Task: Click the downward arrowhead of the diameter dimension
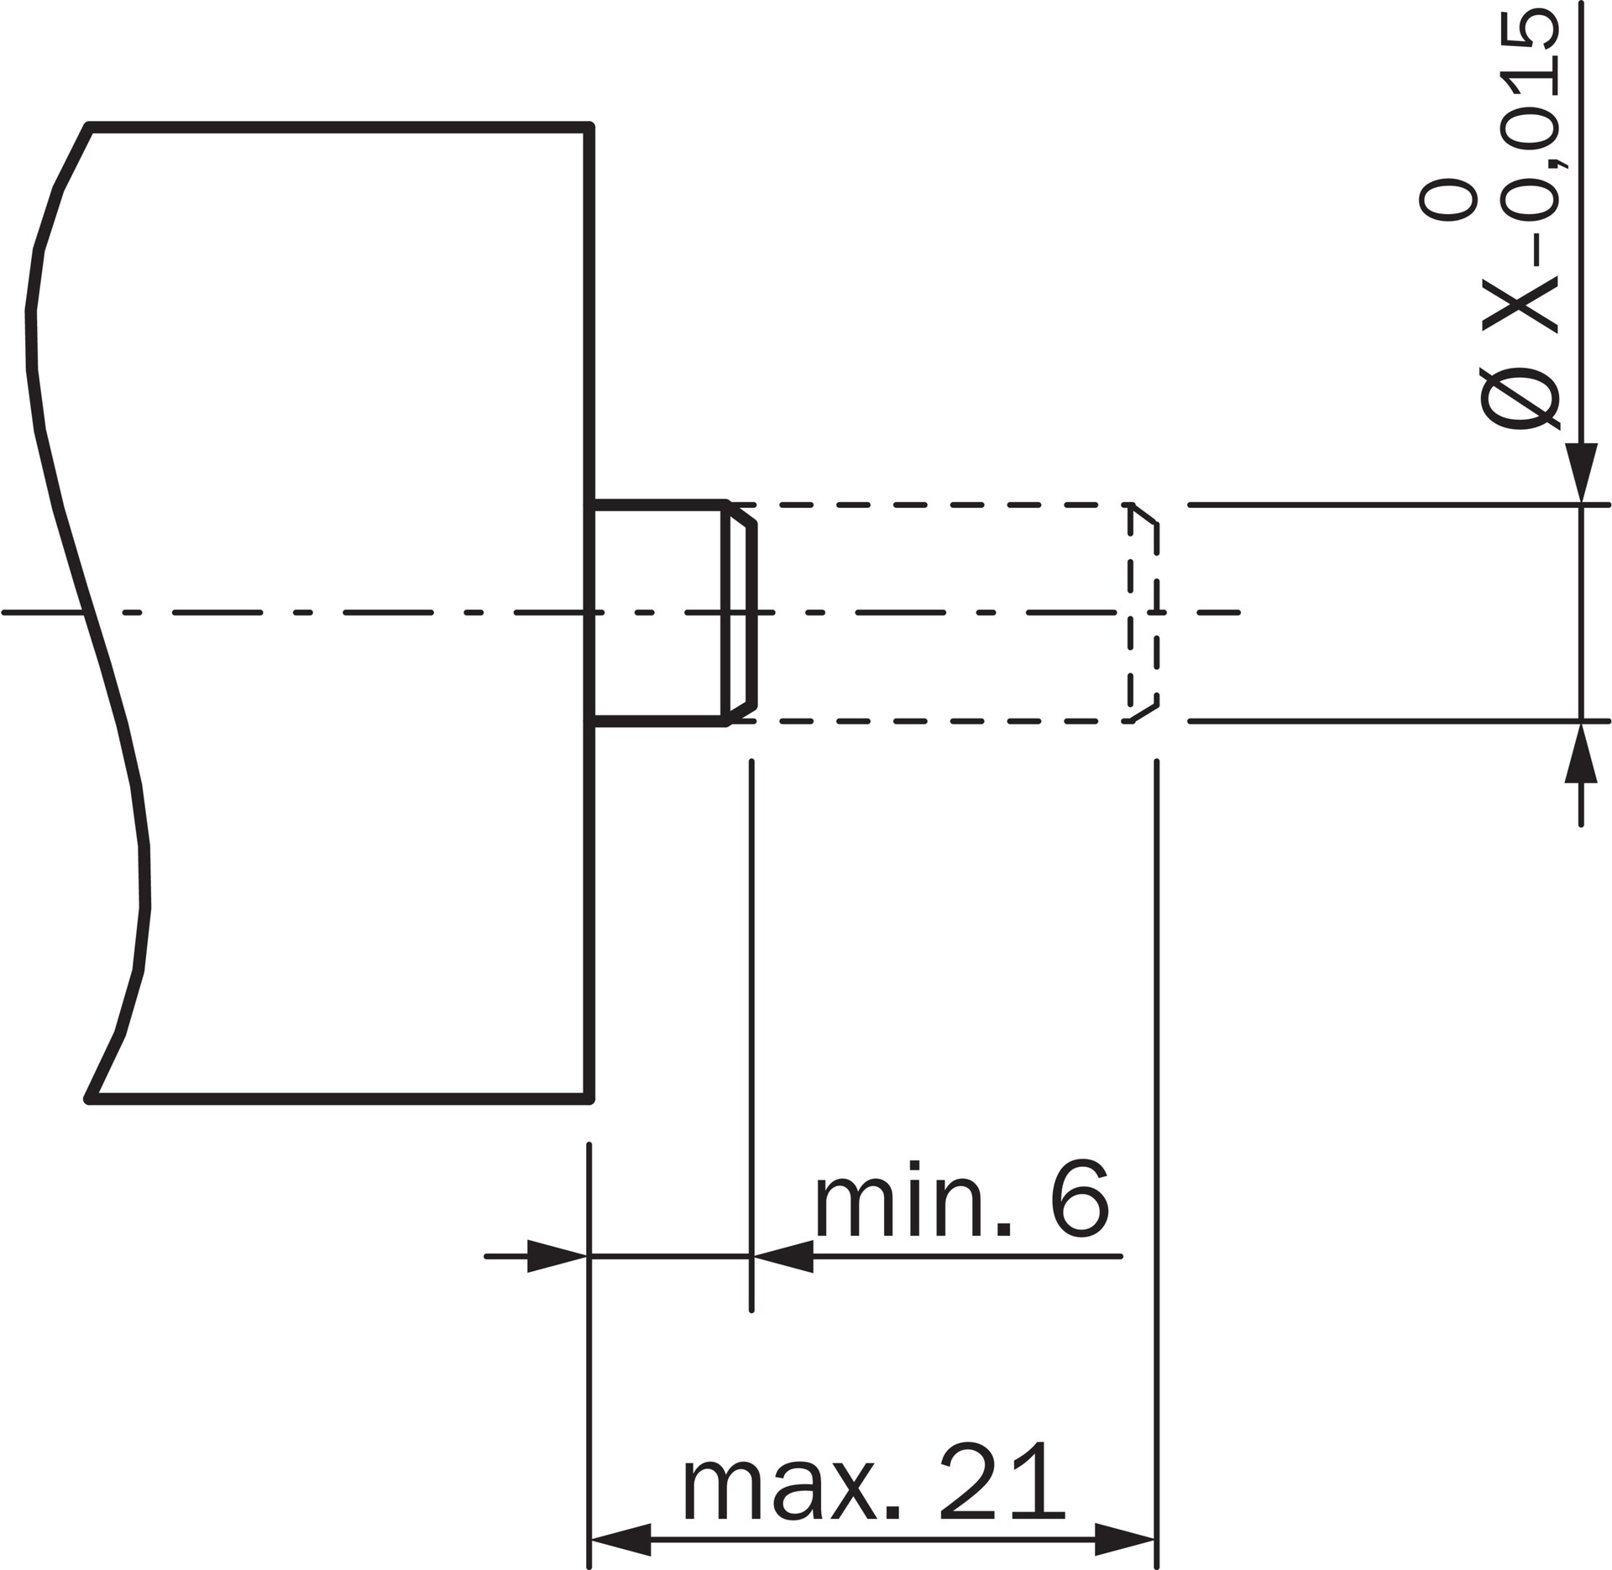coord(1582,472)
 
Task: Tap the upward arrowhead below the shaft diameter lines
coord(1582,753)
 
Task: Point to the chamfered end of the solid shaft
coord(741,613)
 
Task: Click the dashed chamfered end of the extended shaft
coord(1144,613)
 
